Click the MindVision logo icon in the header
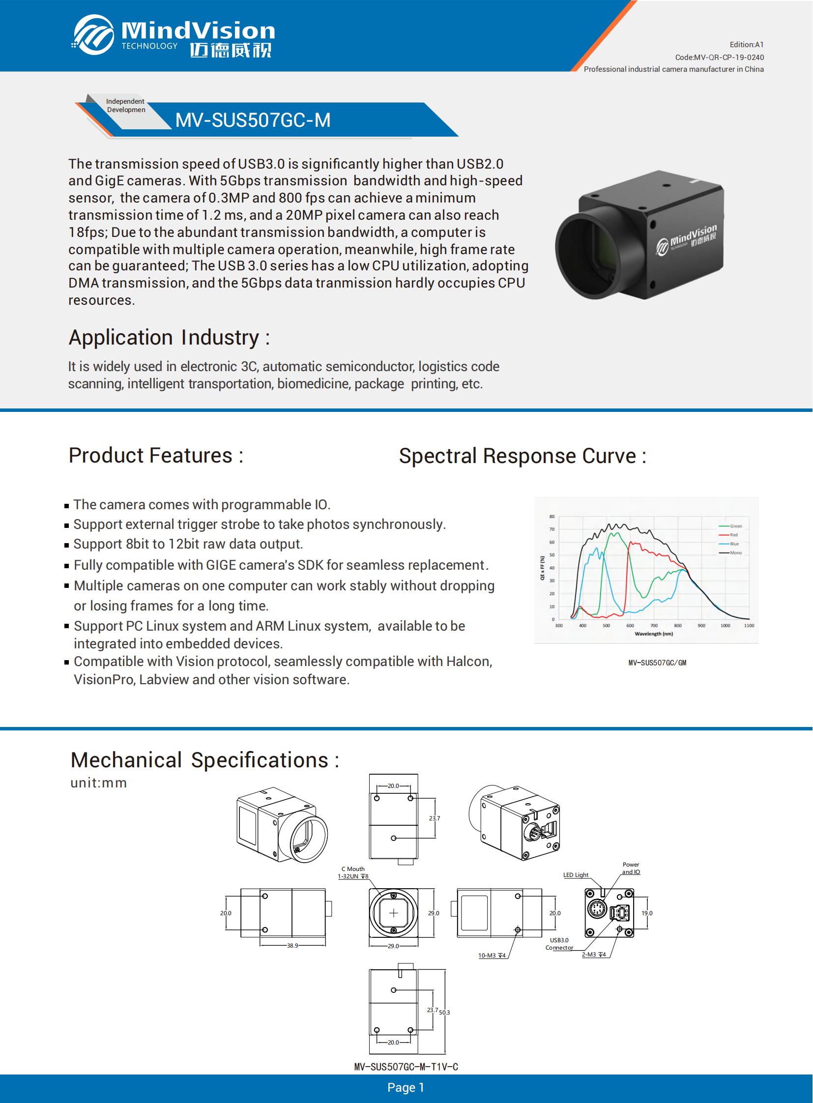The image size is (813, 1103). (x=93, y=34)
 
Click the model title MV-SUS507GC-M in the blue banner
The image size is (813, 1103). (x=253, y=120)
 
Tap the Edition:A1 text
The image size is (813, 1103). (x=746, y=45)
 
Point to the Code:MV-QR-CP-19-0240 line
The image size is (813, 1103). (x=719, y=57)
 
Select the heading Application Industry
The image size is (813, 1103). (x=169, y=338)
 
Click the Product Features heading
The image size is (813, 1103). (x=155, y=455)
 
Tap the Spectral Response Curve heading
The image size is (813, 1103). (x=522, y=456)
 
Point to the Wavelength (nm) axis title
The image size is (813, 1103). (x=653, y=634)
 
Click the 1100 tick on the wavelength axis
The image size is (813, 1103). (x=749, y=626)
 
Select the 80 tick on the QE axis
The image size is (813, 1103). (x=552, y=517)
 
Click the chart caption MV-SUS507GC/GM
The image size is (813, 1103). (x=657, y=663)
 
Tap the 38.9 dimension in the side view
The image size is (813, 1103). (x=292, y=946)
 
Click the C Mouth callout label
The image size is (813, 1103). (x=353, y=869)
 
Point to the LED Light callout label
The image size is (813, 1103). (x=575, y=875)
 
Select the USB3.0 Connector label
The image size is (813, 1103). (x=559, y=944)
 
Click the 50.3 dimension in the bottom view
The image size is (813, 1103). (x=444, y=1013)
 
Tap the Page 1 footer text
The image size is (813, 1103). (x=406, y=1088)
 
